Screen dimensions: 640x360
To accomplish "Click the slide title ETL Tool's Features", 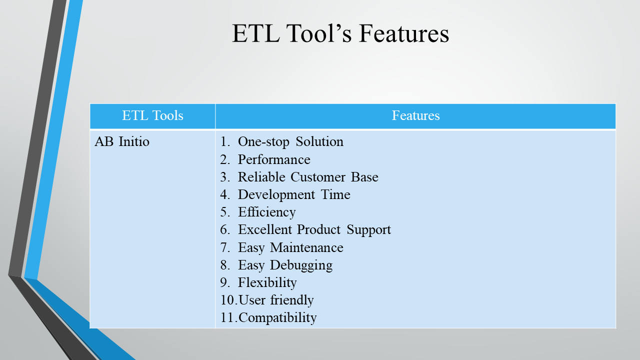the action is tap(340, 33).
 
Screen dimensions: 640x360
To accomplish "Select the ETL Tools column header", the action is tap(152, 115).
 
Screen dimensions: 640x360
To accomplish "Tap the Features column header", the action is tap(415, 115).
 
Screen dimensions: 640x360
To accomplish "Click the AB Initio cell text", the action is tap(122, 141).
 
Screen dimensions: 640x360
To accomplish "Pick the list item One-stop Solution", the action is tap(290, 142).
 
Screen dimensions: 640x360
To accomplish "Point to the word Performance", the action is tap(274, 159).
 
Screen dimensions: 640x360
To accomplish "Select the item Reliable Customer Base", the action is tap(308, 177).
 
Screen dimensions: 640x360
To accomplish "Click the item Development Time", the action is tap(294, 195).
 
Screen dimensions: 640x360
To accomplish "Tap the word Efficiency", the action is tap(267, 212).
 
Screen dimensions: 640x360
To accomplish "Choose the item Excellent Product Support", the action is tap(314, 229).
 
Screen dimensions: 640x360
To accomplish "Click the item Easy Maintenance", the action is tap(290, 247).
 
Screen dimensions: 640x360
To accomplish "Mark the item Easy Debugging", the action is tap(285, 265).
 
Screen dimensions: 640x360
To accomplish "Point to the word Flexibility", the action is tap(267, 283).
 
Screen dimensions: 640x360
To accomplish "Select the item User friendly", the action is tap(276, 300).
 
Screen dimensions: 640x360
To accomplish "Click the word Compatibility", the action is tap(277, 318).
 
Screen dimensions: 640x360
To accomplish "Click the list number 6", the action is tap(225, 229).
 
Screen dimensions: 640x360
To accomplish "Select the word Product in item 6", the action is tap(318, 229).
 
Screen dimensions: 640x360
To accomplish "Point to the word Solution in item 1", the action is tap(319, 141).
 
